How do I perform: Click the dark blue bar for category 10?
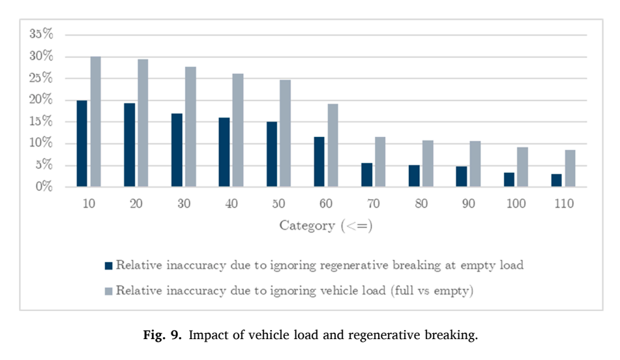(x=82, y=143)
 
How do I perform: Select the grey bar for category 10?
(x=96, y=121)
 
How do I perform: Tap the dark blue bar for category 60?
(x=319, y=161)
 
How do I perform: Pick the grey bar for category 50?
(x=285, y=133)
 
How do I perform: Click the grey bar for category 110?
(x=570, y=168)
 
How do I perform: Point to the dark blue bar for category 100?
(x=509, y=179)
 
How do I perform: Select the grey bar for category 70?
(x=380, y=161)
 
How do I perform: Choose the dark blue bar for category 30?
(x=177, y=150)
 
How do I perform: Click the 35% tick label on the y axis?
(x=41, y=34)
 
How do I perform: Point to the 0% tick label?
(x=44, y=186)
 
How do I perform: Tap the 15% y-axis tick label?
(x=41, y=121)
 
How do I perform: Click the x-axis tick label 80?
(x=421, y=203)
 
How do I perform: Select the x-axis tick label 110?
(x=564, y=203)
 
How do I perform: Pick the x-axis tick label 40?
(x=231, y=203)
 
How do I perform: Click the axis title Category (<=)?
(x=326, y=226)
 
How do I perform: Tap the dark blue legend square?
(x=108, y=266)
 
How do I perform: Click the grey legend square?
(x=108, y=292)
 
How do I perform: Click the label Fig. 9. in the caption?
(x=162, y=335)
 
